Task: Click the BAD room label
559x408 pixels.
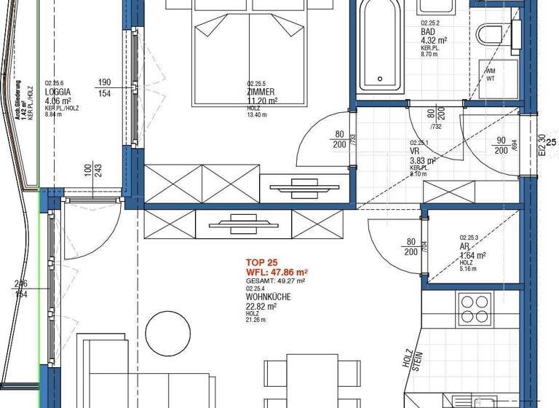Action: [x=429, y=31]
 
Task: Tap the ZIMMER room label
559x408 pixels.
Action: [x=261, y=93]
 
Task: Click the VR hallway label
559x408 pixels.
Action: [x=414, y=152]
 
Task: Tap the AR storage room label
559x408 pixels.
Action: [x=464, y=246]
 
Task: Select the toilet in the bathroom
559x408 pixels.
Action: [x=488, y=34]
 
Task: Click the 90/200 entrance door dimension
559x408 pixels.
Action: [x=501, y=145]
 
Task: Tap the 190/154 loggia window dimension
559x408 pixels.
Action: [x=104, y=87]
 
